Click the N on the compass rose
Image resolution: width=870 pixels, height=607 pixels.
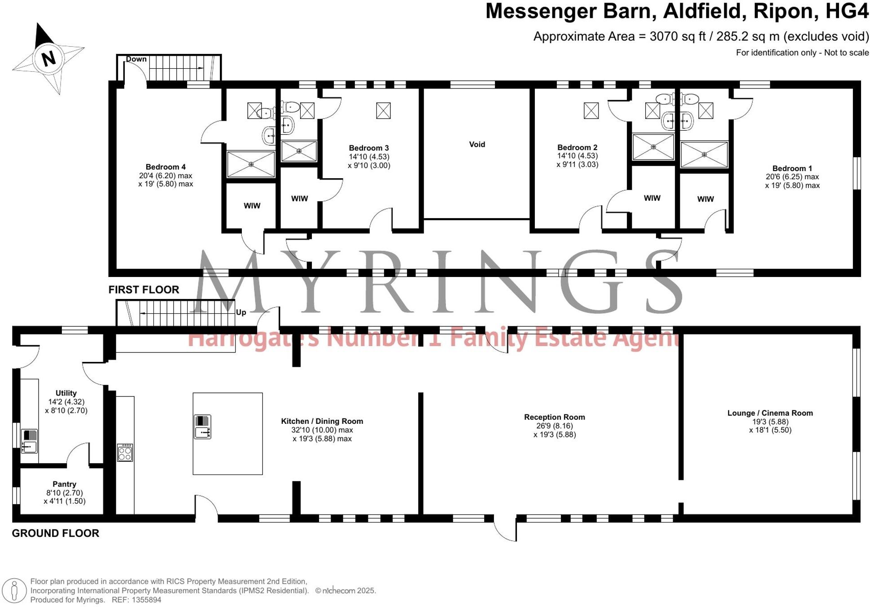pos(48,58)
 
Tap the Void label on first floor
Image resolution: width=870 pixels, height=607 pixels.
pos(477,144)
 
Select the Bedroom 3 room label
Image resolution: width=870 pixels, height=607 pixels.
pos(369,148)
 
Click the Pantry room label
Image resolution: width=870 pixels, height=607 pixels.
pos(64,484)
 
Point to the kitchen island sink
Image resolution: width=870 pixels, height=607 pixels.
pos(202,427)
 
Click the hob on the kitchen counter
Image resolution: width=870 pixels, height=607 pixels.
pos(125,452)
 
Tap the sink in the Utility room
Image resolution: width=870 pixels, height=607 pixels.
pos(30,441)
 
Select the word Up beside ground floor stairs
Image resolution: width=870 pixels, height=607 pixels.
pos(241,312)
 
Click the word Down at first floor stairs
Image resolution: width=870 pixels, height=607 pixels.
pos(136,59)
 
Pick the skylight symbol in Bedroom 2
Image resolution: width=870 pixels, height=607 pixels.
pos(591,110)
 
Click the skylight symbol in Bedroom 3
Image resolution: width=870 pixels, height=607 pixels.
pos(383,110)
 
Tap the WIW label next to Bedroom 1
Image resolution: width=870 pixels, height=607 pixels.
pos(705,199)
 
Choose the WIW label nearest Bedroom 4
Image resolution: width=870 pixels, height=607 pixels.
pos(252,206)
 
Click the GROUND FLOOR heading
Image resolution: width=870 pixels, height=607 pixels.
pos(55,533)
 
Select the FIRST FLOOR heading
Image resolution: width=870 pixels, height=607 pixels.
pos(144,290)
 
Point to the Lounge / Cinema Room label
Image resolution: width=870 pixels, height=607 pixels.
pos(770,413)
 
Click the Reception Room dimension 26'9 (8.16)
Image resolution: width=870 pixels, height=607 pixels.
pos(555,426)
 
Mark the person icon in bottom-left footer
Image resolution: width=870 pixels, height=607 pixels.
pos(14,590)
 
